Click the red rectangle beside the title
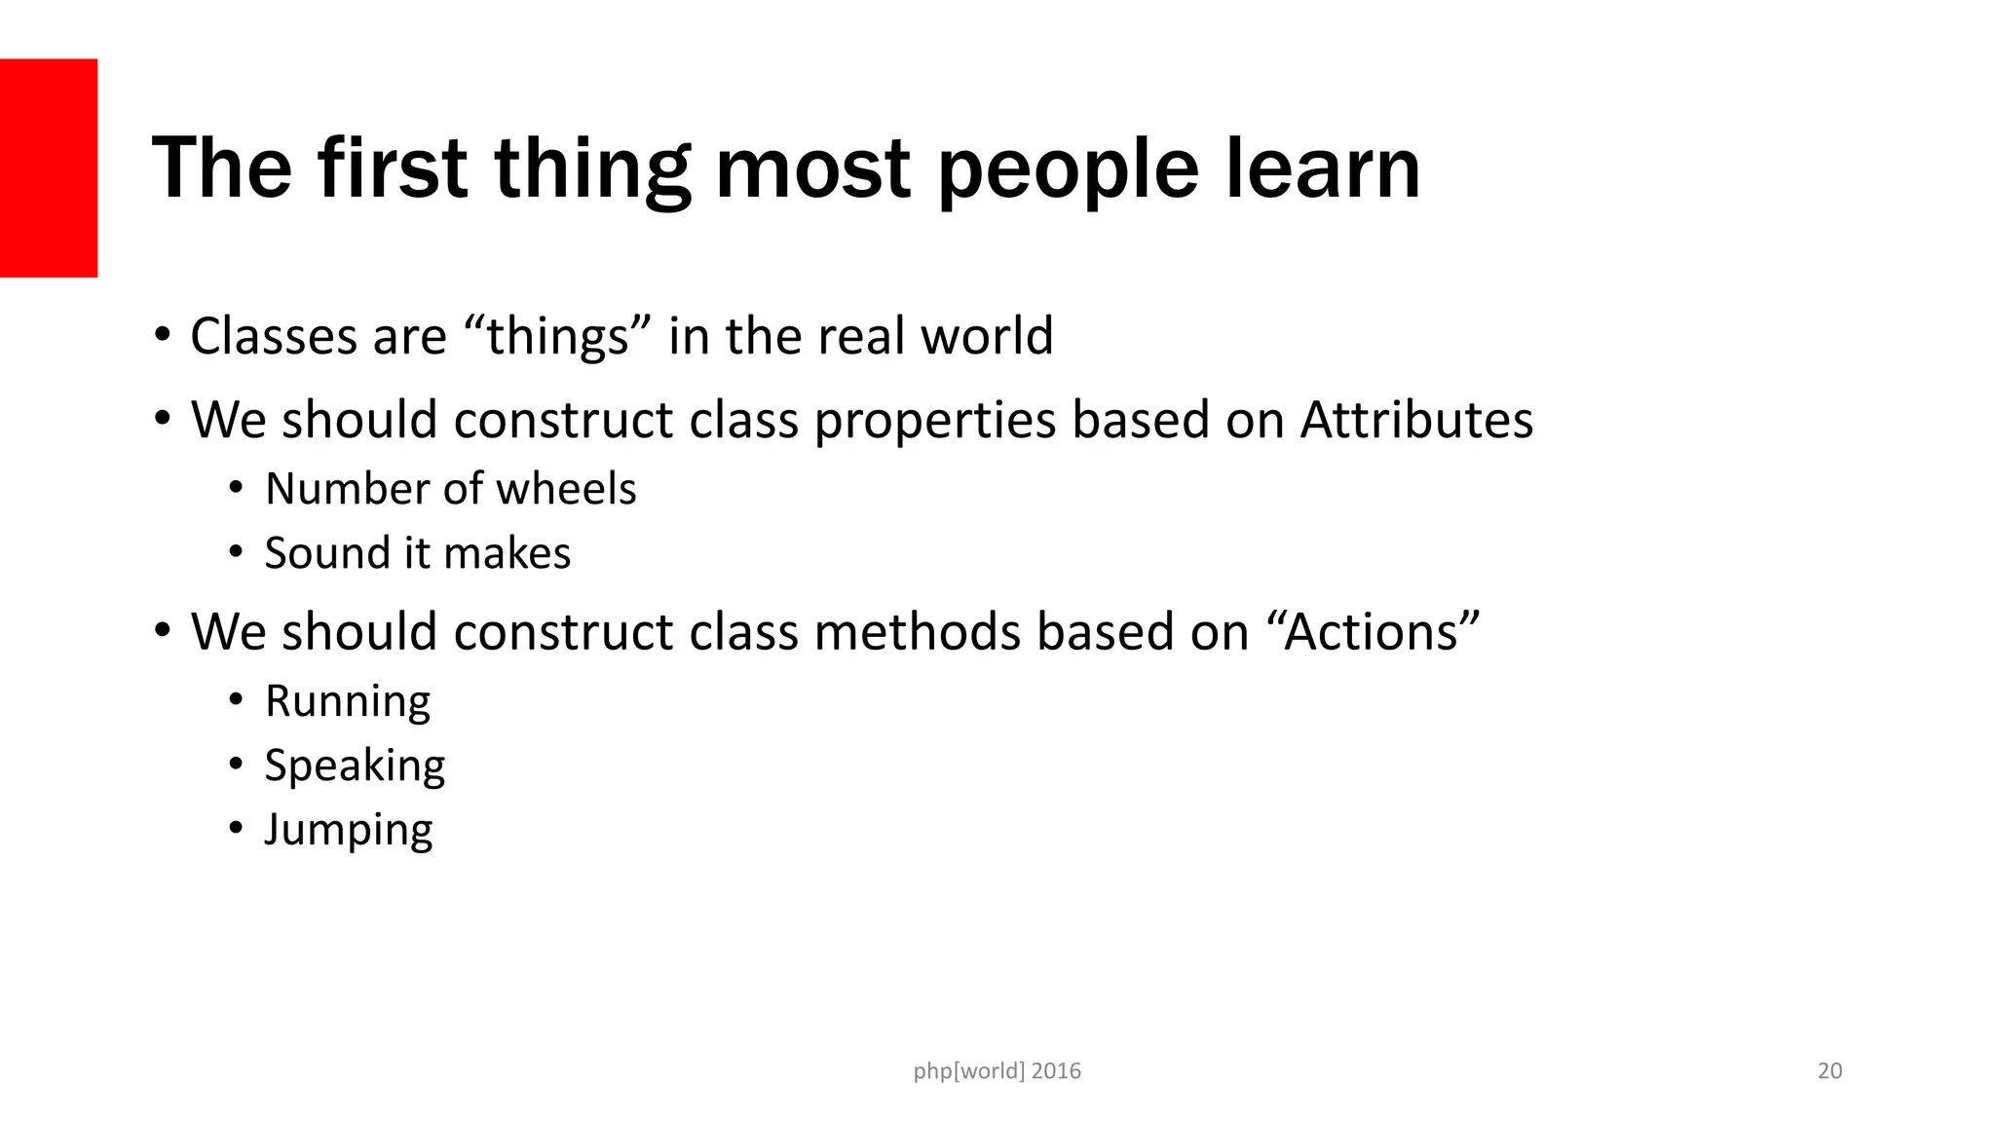coord(49,168)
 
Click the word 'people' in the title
coord(1067,170)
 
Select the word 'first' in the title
coord(392,168)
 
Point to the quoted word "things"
coord(557,337)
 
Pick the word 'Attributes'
coord(1416,421)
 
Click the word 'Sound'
coord(326,553)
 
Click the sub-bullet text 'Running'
coord(347,702)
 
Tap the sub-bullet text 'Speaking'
coord(355,767)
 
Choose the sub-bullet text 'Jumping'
coord(348,831)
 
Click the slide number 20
coord(1829,1071)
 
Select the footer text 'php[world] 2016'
coord(997,1071)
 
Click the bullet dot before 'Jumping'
coord(236,829)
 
